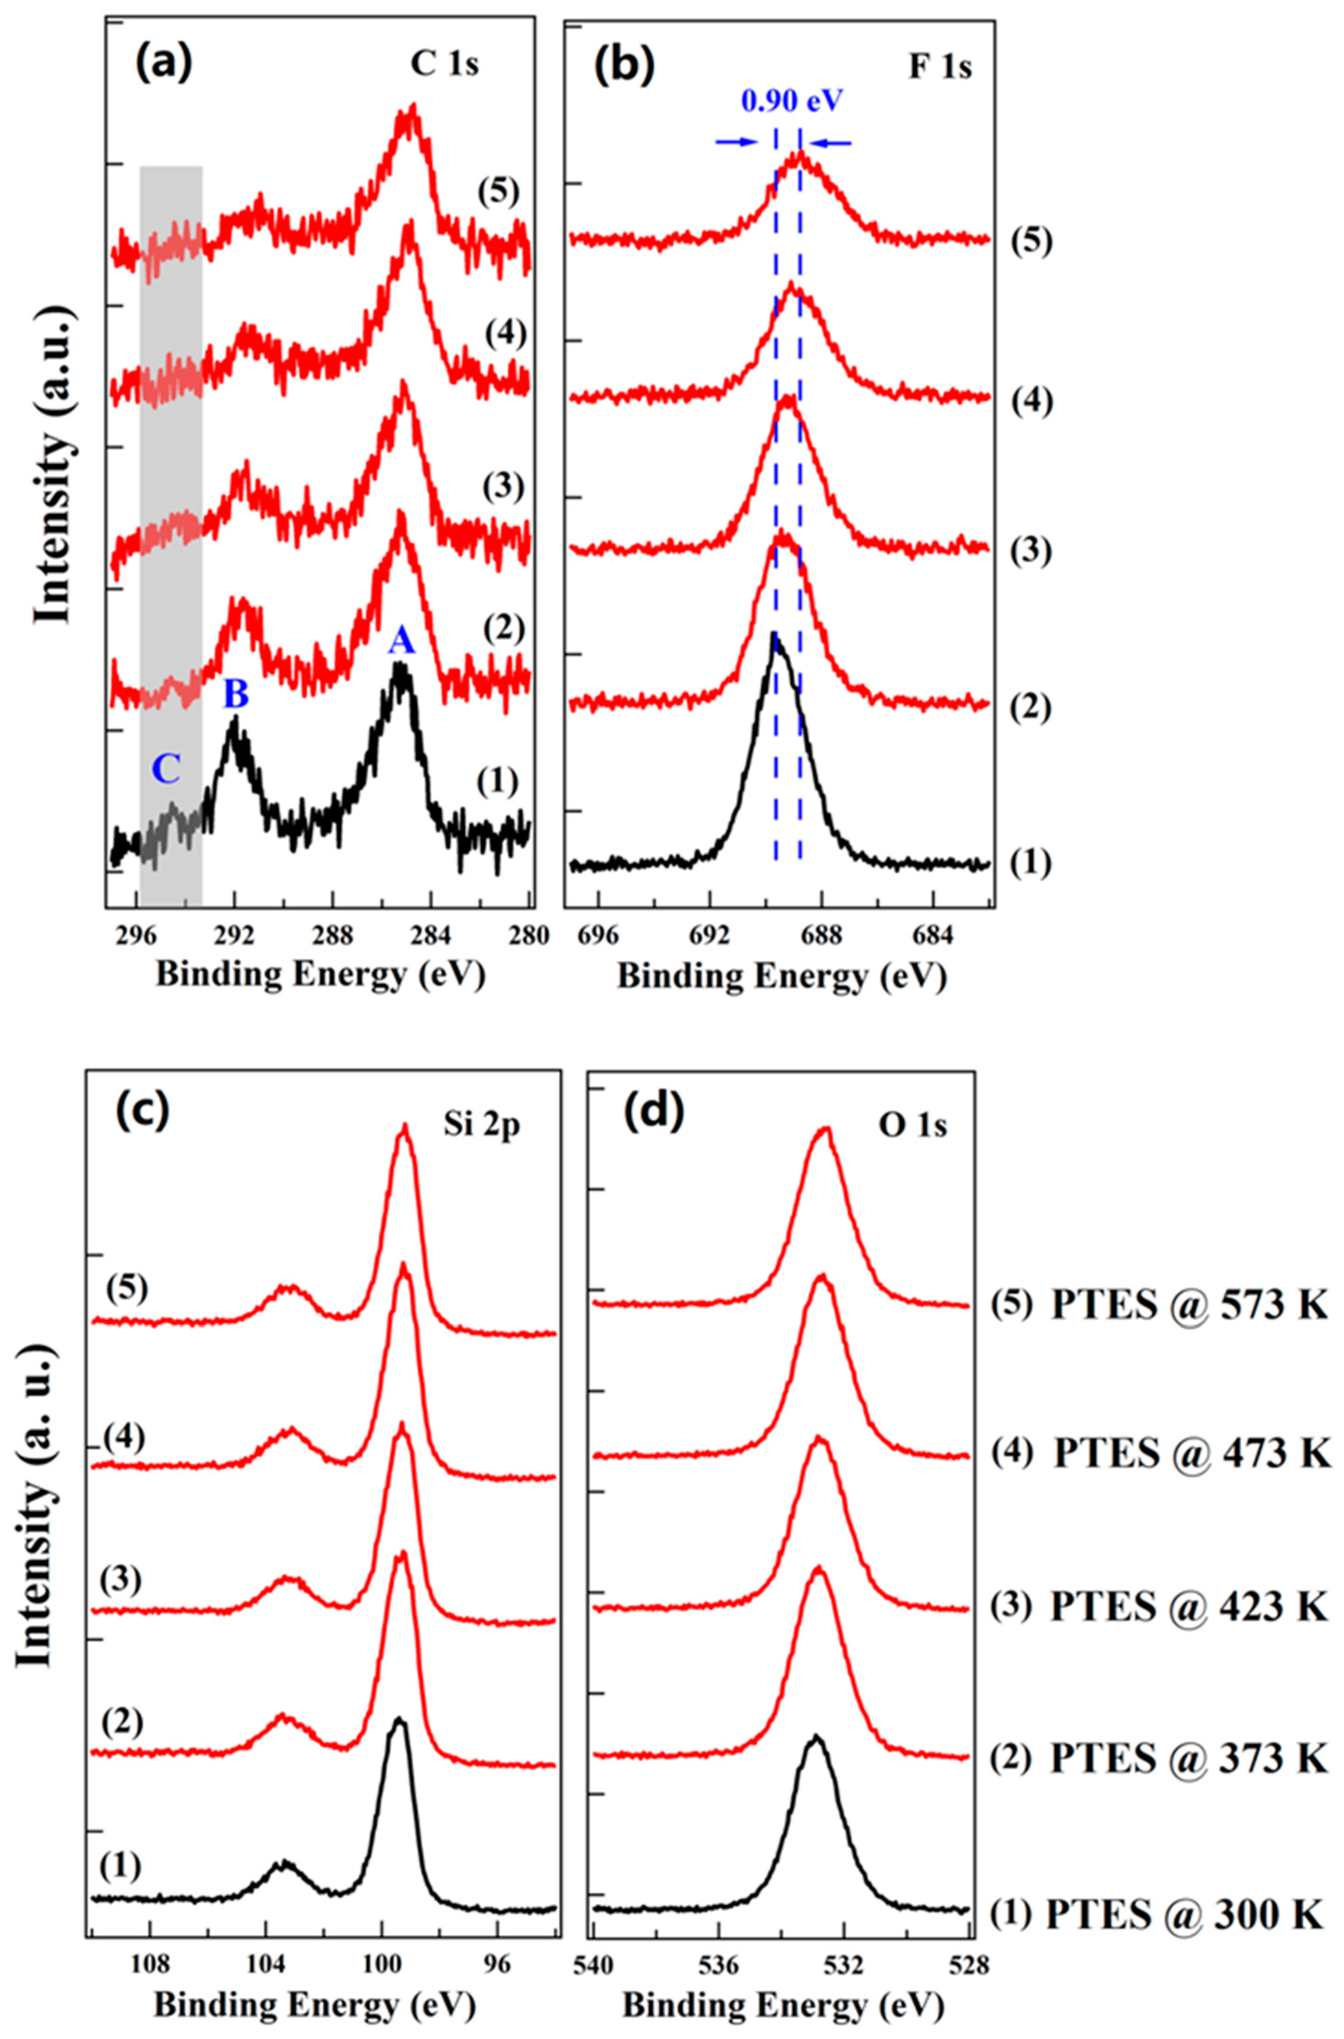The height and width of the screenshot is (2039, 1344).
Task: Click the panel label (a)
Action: point(162,64)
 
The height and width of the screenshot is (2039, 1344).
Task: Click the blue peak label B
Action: point(236,695)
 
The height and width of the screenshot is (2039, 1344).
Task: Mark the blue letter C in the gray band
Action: point(166,770)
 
